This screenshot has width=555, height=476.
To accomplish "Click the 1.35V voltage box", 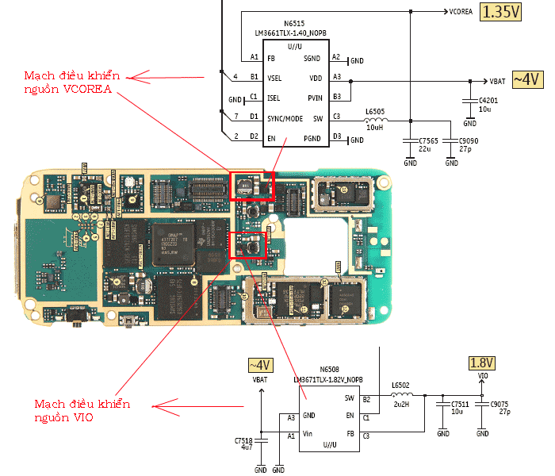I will click(x=502, y=12).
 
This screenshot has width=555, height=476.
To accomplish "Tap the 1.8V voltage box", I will click(x=482, y=363).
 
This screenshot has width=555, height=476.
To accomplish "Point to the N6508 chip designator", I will click(x=329, y=370).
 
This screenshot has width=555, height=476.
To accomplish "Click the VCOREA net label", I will click(x=461, y=12).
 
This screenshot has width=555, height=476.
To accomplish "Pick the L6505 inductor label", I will click(x=375, y=111).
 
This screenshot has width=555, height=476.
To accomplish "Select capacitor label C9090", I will click(x=469, y=140).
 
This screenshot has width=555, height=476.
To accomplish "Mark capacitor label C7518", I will click(x=243, y=440).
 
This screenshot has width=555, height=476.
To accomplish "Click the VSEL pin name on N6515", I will click(x=274, y=78).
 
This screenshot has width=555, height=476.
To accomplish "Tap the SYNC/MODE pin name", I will click(x=285, y=118).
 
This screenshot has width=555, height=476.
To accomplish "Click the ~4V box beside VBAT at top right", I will click(x=527, y=79).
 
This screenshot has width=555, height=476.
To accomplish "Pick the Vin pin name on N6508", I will click(x=310, y=435).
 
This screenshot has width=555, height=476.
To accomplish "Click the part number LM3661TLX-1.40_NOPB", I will click(x=290, y=33).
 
